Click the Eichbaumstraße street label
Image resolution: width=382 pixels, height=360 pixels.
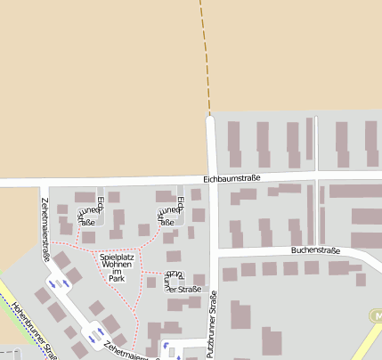click(x=232, y=178)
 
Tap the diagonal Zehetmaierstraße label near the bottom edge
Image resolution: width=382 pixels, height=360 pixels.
click(x=125, y=351)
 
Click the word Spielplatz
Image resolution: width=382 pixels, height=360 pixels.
click(x=117, y=258)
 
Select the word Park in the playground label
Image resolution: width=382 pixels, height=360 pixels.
click(x=117, y=279)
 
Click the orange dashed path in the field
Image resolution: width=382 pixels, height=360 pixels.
click(x=206, y=53)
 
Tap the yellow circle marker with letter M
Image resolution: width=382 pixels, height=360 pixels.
click(x=376, y=316)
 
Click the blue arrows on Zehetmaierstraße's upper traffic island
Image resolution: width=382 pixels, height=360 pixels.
click(x=63, y=283)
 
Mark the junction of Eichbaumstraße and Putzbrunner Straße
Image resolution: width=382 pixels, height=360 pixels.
click(x=211, y=178)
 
